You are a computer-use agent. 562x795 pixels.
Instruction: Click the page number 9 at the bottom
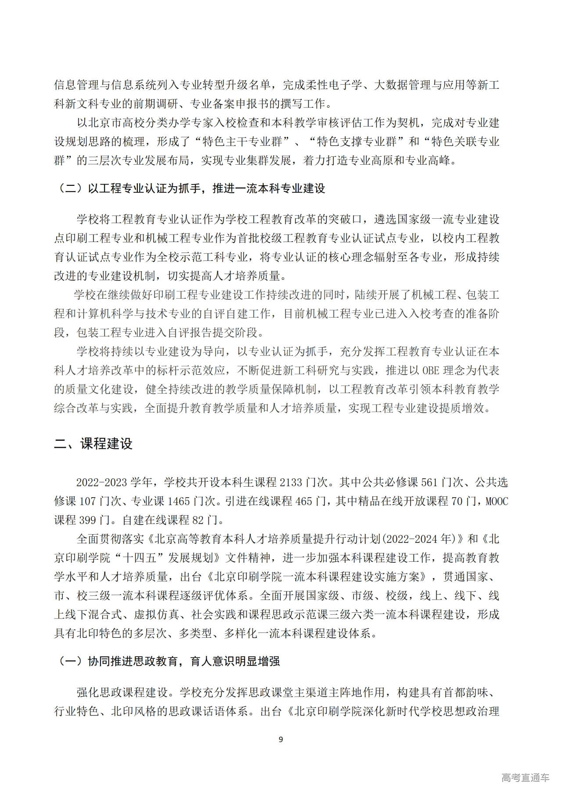(281, 739)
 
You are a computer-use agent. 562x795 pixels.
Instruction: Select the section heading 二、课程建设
(93, 444)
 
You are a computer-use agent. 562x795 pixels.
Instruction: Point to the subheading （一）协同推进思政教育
(166, 661)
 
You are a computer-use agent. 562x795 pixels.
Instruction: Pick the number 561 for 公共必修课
(429, 482)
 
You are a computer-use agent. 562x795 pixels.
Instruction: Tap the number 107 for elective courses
(90, 501)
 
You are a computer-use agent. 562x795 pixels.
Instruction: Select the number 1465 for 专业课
(179, 501)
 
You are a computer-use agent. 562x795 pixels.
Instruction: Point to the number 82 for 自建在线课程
(198, 520)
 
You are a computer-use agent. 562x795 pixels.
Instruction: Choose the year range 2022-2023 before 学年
(101, 482)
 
